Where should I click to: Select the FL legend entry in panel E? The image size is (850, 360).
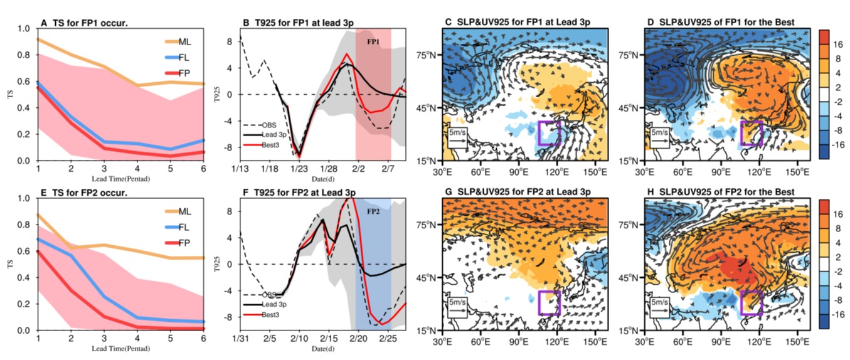177,227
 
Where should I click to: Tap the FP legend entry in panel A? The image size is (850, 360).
178,73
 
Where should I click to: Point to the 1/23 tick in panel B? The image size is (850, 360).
299,169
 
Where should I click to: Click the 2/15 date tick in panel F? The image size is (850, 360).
329,338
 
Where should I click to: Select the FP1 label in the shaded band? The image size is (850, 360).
373,42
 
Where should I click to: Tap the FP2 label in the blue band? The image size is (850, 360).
373,211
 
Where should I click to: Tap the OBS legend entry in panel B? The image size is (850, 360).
260,125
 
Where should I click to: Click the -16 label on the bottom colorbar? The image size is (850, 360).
836,314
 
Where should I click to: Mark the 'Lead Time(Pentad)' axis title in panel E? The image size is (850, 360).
120,348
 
